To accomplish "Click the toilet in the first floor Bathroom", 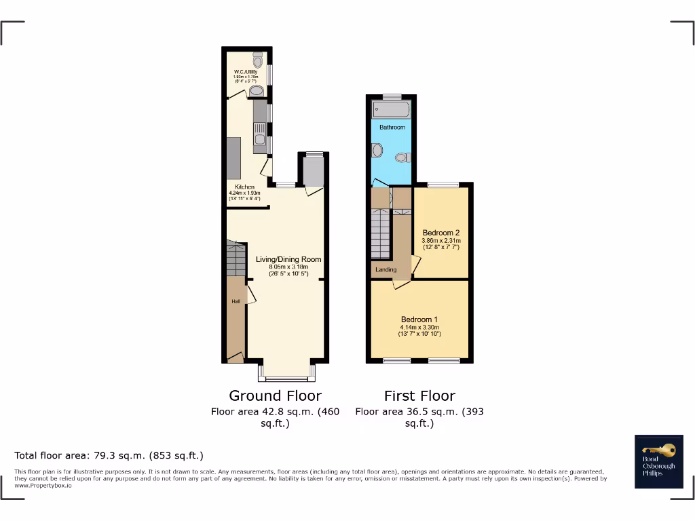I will pyautogui.click(x=402, y=157).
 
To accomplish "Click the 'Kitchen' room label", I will pyautogui.click(x=244, y=187).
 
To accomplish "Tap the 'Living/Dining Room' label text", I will pyautogui.click(x=288, y=259).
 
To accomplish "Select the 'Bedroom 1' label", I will pyautogui.click(x=419, y=320).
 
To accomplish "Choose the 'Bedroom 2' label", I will pyautogui.click(x=441, y=233).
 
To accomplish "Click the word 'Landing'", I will pyautogui.click(x=386, y=270).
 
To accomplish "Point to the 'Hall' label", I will pyautogui.click(x=235, y=302).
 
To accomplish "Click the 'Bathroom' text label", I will pyautogui.click(x=392, y=128).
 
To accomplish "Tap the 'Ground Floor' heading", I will pyautogui.click(x=275, y=395).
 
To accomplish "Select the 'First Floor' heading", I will pyautogui.click(x=419, y=395).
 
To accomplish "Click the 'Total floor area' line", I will pyautogui.click(x=109, y=455).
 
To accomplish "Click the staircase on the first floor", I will pyautogui.click(x=381, y=234).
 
